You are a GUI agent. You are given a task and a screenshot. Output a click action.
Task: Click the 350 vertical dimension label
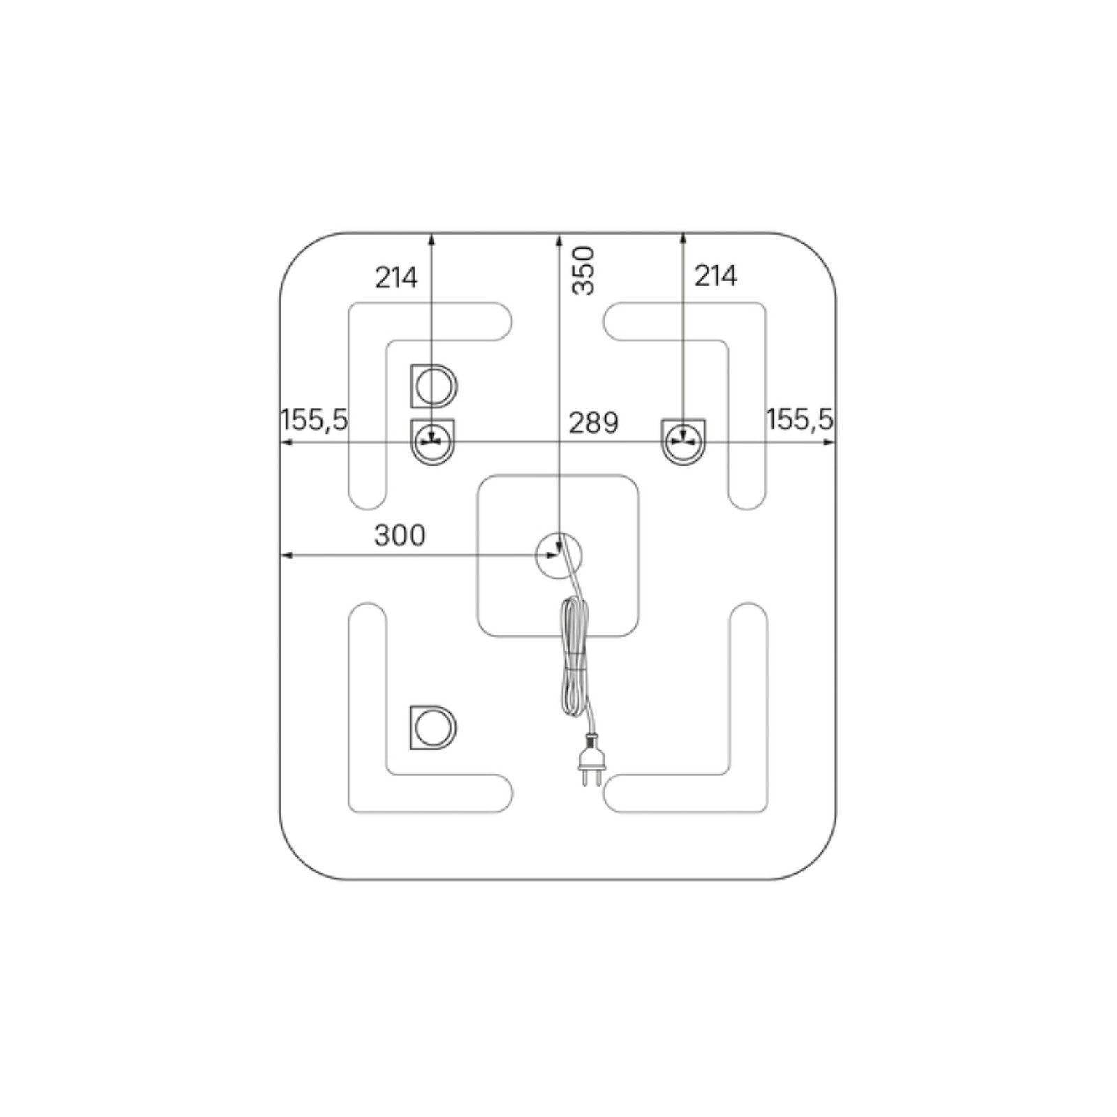tap(584, 270)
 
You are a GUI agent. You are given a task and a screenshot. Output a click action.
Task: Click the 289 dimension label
tap(593, 423)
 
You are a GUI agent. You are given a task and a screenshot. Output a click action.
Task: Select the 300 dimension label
tap(399, 535)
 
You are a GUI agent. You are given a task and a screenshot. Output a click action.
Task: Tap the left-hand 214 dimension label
tap(397, 278)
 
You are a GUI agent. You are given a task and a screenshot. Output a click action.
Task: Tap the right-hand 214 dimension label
tap(716, 276)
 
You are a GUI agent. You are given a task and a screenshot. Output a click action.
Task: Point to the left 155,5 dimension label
tap(313, 420)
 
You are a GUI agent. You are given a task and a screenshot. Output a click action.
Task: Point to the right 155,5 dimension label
tap(800, 420)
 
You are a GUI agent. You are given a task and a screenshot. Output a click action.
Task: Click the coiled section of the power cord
tap(575, 657)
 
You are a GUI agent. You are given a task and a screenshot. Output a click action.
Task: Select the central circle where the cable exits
tap(558, 556)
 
